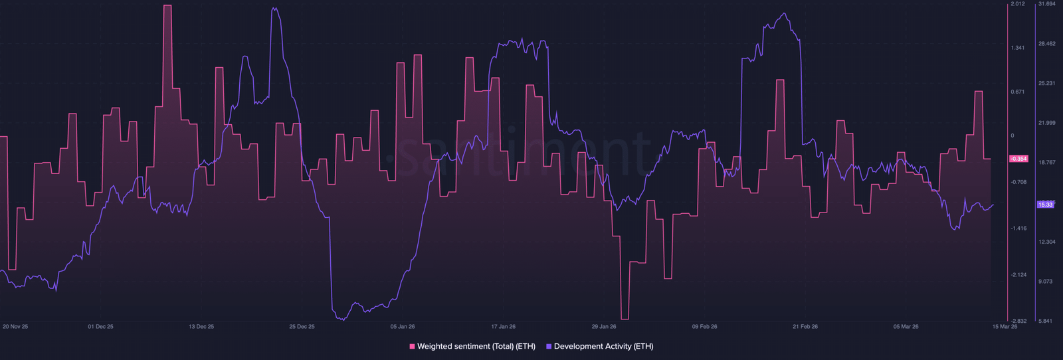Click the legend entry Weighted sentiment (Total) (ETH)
pyautogui.click(x=476, y=346)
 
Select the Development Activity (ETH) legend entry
pyautogui.click(x=603, y=346)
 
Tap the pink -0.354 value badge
pyautogui.click(x=1018, y=159)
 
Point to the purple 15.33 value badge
pyautogui.click(x=1045, y=205)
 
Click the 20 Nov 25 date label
pyautogui.click(x=15, y=327)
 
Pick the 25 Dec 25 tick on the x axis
pyautogui.click(x=302, y=327)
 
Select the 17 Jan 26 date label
pyautogui.click(x=503, y=327)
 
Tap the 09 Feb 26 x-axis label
pyautogui.click(x=704, y=327)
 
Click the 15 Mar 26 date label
pyautogui.click(x=1005, y=327)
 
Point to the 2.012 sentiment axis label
pyautogui.click(x=1018, y=4)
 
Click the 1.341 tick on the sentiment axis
pyautogui.click(x=1017, y=48)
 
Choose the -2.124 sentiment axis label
pyautogui.click(x=1018, y=274)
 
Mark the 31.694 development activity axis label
pyautogui.click(x=1046, y=4)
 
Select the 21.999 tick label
pyautogui.click(x=1046, y=123)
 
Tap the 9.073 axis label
pyautogui.click(x=1046, y=282)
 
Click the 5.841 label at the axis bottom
pyautogui.click(x=1046, y=321)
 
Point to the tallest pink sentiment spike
pyautogui.click(x=167, y=6)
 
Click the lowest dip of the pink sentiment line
pyautogui.click(x=625, y=319)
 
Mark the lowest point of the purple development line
pyautogui.click(x=341, y=319)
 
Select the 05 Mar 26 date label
pyautogui.click(x=906, y=327)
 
